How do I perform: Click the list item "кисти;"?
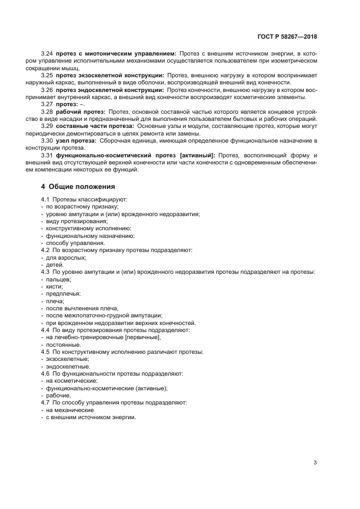pos(54,286)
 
